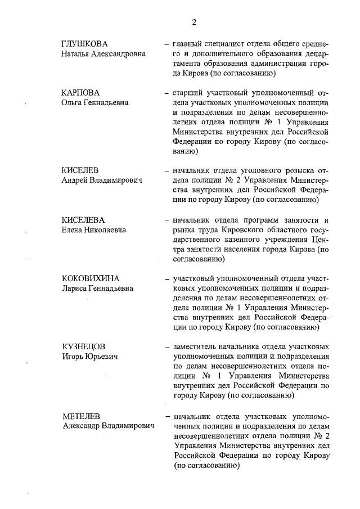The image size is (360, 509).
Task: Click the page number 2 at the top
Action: coord(194,22)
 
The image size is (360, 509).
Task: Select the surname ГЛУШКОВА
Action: coord(84,44)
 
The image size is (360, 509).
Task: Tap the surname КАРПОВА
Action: coord(81,92)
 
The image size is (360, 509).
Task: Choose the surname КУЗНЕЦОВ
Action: coord(83,346)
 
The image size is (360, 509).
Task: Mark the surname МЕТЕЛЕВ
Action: coord(82,417)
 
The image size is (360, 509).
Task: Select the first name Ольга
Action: coord(73,102)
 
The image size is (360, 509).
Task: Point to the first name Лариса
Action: coord(75,289)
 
